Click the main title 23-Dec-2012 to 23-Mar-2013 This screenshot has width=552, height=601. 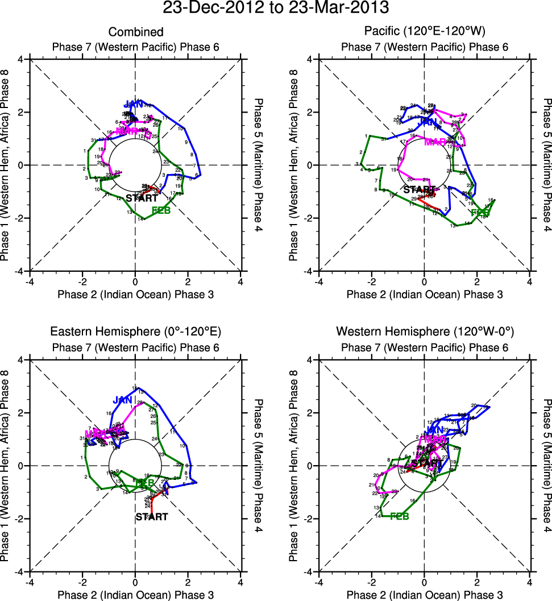(276, 9)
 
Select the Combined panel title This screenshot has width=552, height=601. (136, 32)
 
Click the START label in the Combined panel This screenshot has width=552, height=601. (142, 198)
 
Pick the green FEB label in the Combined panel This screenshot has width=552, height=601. (161, 211)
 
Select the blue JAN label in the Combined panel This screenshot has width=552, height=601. (134, 105)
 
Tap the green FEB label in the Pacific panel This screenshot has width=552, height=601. (482, 213)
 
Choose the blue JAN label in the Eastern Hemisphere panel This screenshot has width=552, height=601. (122, 400)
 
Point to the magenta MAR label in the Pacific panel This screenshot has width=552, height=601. (435, 142)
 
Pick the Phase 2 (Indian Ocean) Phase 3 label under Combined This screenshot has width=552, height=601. (136, 294)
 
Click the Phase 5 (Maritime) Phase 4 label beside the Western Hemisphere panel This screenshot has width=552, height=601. (546, 465)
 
